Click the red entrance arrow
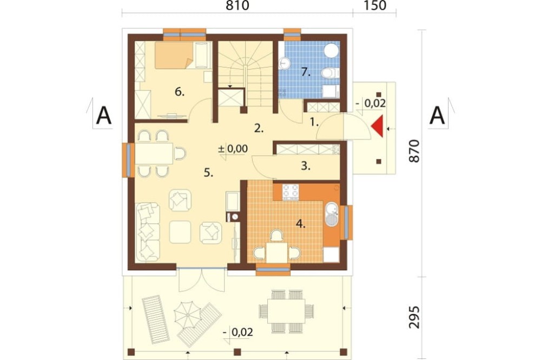click(379, 126)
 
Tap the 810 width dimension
click(237, 6)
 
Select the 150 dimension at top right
click(375, 6)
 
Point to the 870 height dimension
click(414, 151)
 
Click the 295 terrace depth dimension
click(414, 317)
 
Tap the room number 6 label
click(180, 92)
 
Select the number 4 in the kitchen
click(300, 224)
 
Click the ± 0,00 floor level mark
click(233, 149)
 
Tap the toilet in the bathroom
click(330, 73)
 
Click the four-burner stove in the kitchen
click(291, 191)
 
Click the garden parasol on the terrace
click(187, 315)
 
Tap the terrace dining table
click(286, 311)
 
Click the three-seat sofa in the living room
click(148, 232)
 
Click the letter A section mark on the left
click(103, 116)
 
